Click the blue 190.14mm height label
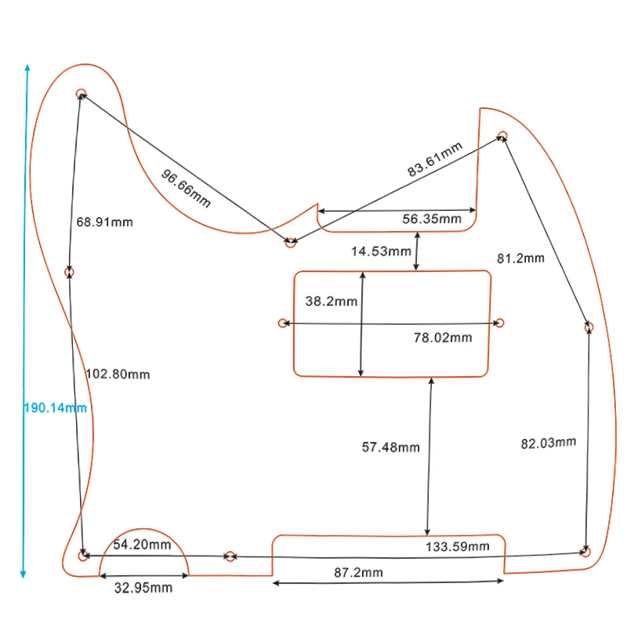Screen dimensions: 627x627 [54, 408]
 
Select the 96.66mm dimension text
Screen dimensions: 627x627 [187, 188]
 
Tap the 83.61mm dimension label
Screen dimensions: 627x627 [435, 158]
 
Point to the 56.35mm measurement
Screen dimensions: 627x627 [432, 219]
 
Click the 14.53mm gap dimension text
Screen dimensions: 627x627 [381, 252]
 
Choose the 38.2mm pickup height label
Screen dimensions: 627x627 [331, 301]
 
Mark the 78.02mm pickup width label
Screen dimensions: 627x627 [443, 338]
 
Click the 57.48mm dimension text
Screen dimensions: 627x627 [390, 448]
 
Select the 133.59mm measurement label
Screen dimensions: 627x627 [457, 546]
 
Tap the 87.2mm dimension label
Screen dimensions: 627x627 [359, 573]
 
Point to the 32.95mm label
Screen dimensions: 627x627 [144, 587]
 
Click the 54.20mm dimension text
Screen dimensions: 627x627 [142, 545]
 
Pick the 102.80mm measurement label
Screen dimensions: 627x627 [118, 374]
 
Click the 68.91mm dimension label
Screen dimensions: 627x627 [104, 222]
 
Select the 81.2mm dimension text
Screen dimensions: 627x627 [520, 258]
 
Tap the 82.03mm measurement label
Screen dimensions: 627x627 [548, 443]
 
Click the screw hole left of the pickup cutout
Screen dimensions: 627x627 [283, 323]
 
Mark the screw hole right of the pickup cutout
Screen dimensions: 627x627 [500, 323]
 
